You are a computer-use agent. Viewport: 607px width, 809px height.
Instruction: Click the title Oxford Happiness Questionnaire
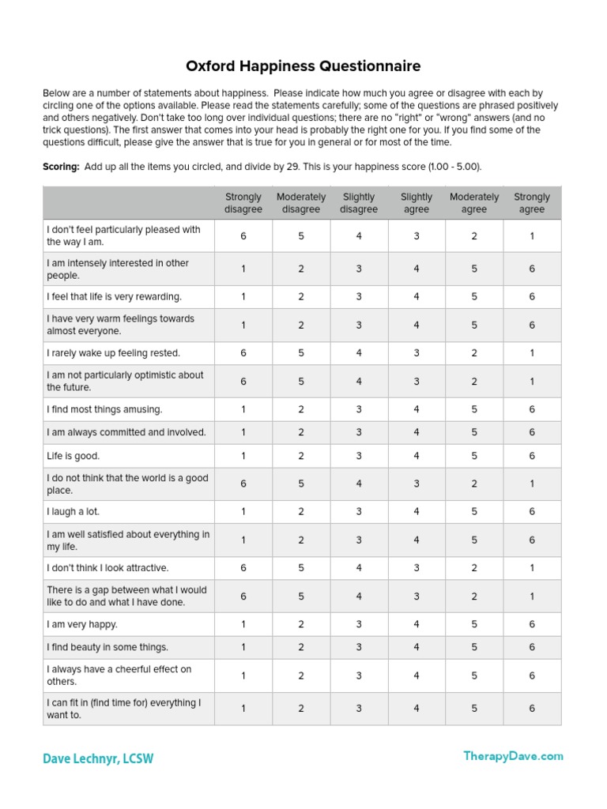303,66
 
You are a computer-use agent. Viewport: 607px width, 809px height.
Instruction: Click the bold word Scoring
60,167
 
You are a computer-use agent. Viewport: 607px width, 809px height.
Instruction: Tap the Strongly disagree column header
243,203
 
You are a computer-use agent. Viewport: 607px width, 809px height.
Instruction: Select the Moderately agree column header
474,203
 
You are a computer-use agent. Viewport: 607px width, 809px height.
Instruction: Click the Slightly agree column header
417,203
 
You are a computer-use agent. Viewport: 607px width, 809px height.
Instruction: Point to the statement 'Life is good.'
74,456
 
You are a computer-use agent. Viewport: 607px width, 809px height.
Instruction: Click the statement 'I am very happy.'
82,624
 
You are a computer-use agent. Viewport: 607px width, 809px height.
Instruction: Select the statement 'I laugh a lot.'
74,511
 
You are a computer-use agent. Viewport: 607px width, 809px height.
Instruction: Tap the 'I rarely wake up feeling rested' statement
114,353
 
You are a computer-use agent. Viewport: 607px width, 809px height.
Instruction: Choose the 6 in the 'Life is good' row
532,456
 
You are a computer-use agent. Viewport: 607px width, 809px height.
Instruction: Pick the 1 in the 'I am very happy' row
243,624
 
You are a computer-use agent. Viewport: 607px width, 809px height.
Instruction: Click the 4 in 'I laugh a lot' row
417,511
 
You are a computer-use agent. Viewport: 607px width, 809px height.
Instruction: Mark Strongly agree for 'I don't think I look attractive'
532,567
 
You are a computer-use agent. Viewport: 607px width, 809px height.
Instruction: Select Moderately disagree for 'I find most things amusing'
301,409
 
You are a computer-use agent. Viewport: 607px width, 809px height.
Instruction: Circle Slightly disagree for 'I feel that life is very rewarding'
359,296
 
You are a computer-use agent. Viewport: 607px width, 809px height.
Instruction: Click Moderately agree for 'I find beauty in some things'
474,647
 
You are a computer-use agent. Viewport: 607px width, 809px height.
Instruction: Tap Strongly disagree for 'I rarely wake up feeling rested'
243,353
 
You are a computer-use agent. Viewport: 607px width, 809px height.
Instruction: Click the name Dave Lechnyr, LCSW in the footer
98,758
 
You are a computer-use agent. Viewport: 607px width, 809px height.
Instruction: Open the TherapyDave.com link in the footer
513,756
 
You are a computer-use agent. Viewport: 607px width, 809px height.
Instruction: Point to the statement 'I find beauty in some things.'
107,647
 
